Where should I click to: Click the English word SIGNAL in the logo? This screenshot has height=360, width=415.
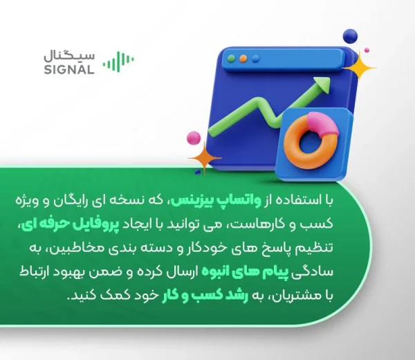69,69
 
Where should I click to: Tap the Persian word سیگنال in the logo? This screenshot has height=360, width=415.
69,57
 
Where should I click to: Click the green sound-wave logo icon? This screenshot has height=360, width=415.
118,62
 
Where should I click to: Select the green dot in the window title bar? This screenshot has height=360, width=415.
231,59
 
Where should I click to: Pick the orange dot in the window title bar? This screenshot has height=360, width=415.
243,59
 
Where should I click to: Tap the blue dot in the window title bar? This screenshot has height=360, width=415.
255,59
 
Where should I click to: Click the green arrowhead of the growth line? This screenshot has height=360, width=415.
322,84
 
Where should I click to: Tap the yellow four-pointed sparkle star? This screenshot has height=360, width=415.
360,68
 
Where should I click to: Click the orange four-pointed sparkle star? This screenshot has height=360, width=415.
204,158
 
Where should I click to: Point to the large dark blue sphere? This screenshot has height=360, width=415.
350,36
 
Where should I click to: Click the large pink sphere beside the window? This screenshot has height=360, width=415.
194,138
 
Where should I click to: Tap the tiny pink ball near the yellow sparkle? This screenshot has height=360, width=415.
367,50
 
